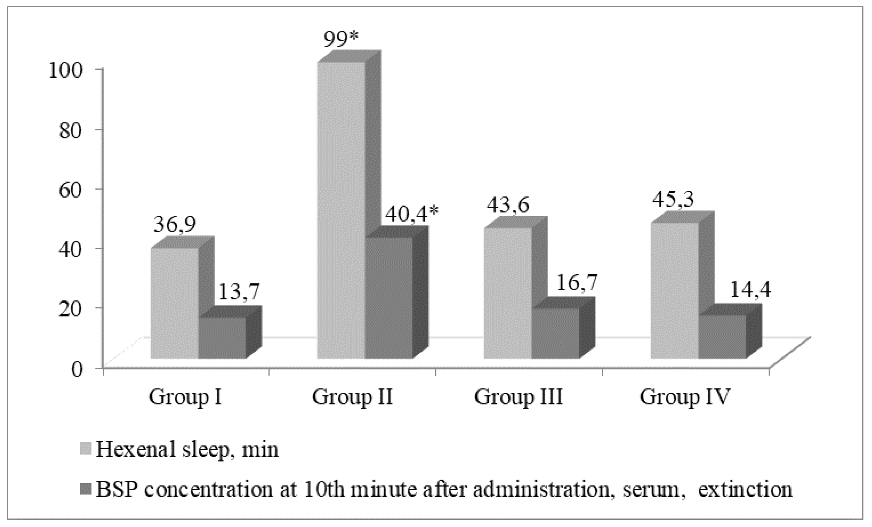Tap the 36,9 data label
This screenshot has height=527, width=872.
174,224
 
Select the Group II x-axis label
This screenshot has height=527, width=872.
352,397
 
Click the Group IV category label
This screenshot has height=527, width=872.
685,397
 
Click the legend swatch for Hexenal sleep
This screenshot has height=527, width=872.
87,449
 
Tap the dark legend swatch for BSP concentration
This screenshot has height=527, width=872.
87,490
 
